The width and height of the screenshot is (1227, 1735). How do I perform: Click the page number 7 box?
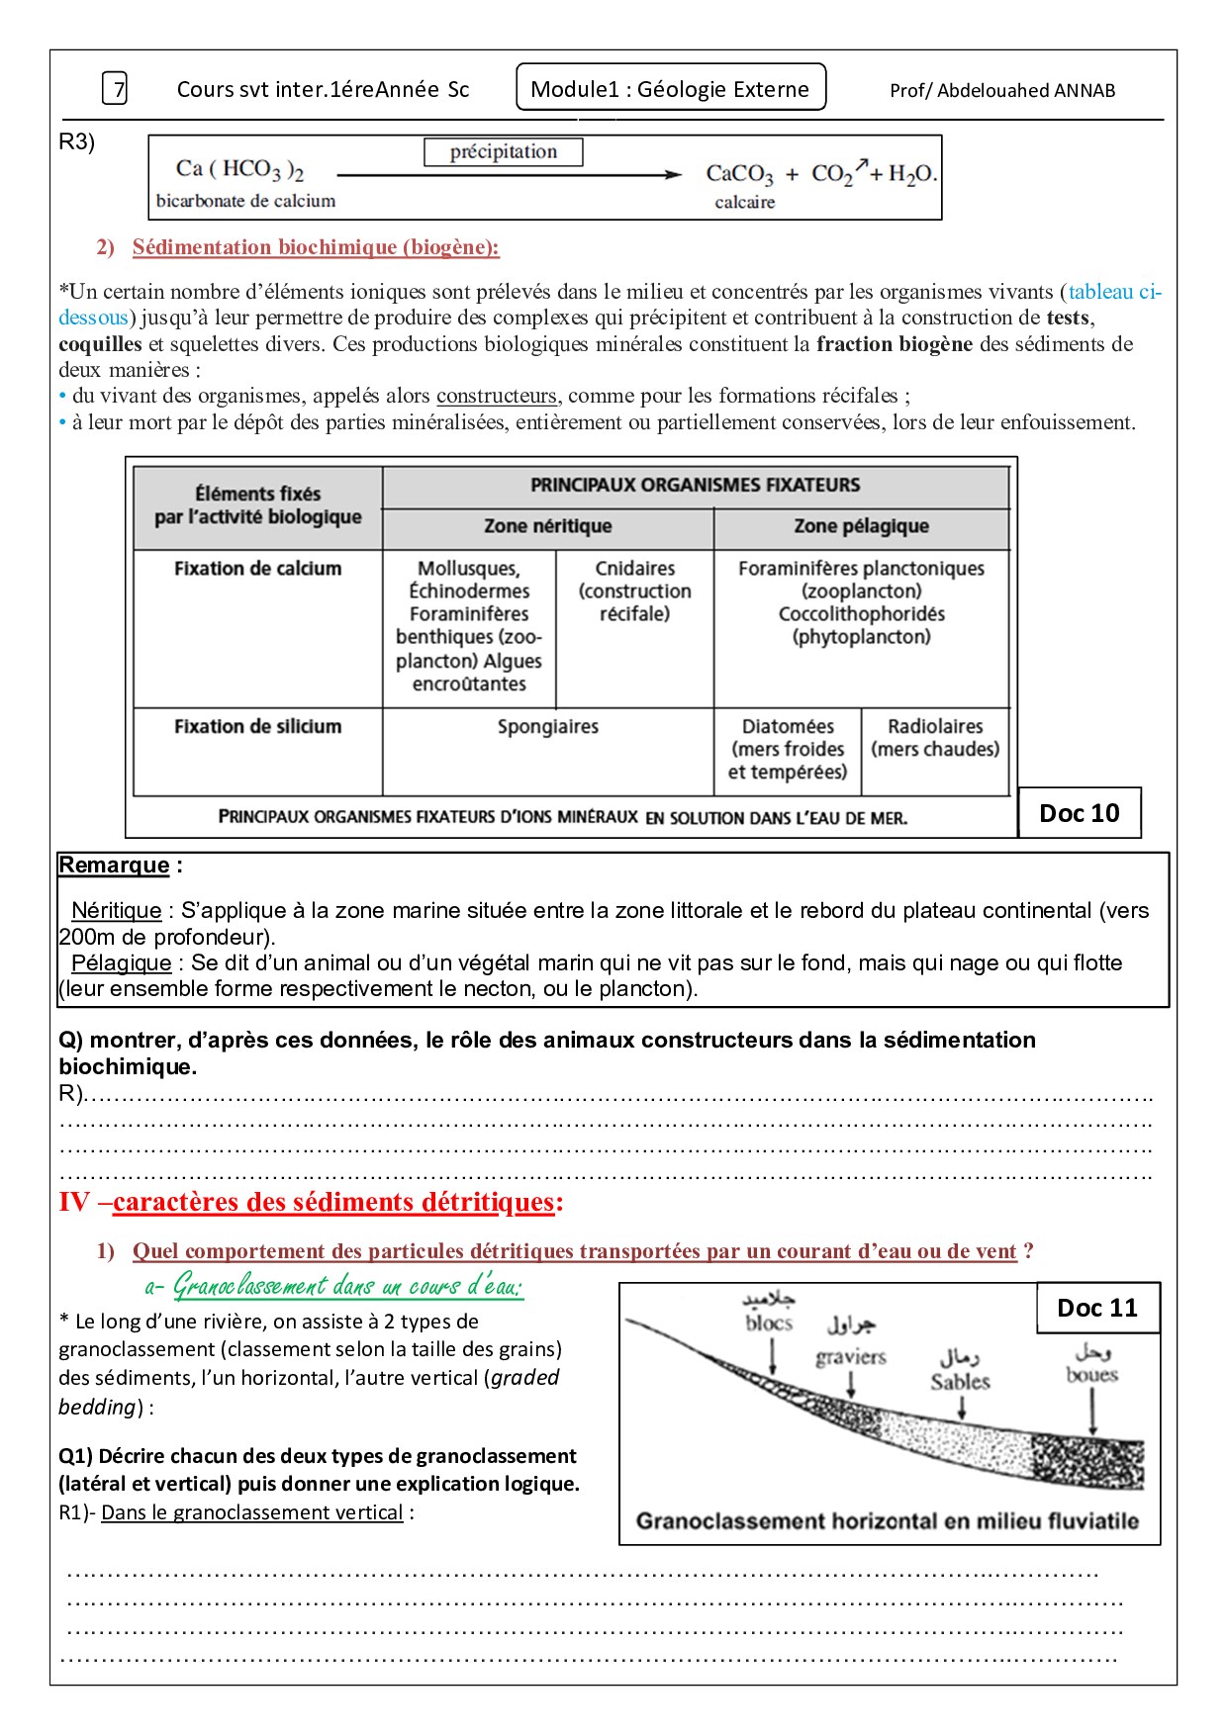pos(115,89)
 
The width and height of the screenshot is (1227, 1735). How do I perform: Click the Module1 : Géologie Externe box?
pos(670,89)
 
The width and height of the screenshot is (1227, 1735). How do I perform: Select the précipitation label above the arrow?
pos(503,152)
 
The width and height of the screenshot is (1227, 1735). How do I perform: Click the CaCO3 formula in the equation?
pos(739,174)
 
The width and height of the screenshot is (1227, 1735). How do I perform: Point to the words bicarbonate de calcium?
pos(245,201)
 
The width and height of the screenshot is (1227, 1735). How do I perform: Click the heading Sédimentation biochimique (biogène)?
pos(316,247)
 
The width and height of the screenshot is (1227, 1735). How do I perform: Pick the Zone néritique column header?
pos(547,526)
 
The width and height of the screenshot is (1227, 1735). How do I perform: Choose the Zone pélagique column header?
pos(861,526)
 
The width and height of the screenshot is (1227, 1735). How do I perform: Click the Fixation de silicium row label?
pos(257,727)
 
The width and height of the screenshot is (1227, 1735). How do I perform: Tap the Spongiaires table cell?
pos(547,727)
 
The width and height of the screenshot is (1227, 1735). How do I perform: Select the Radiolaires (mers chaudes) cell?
pos(935,738)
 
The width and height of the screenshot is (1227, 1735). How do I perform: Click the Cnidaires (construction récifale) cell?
pos(634,591)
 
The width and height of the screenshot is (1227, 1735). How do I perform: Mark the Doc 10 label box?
pos(1079,813)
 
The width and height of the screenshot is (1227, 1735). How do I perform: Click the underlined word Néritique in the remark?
pos(116,911)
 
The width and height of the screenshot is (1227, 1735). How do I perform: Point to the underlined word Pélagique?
pos(121,963)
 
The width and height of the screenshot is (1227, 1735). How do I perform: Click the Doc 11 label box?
pos(1097,1308)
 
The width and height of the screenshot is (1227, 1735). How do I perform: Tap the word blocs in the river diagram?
pos(769,1324)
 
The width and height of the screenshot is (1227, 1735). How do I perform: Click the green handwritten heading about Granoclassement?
pos(334,1286)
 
